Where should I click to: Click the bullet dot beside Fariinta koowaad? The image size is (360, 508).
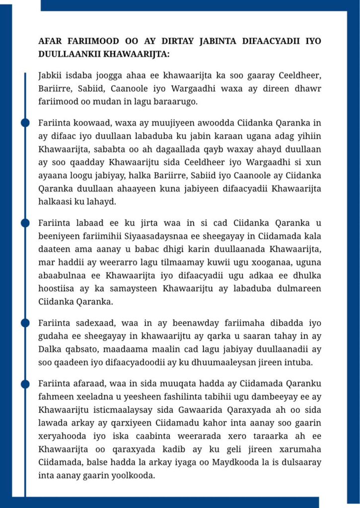(x=25, y=123)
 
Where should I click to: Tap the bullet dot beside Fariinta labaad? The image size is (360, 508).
(x=25, y=223)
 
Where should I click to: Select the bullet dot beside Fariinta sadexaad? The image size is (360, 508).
(x=25, y=323)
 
